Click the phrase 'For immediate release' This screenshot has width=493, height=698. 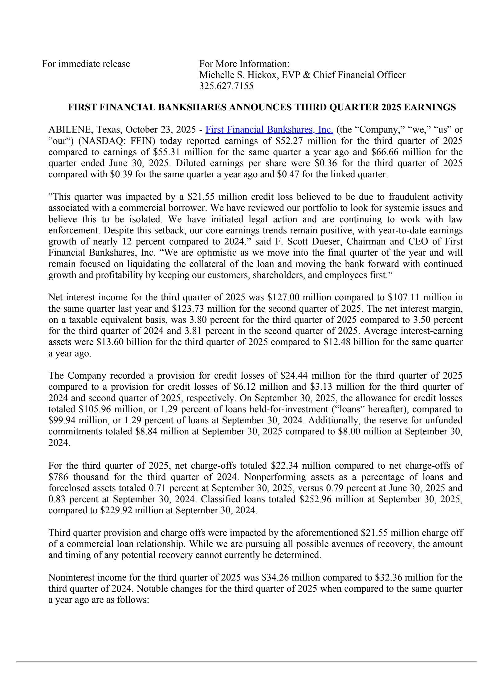[x=86, y=64]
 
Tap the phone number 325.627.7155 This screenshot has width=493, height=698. [x=226, y=86]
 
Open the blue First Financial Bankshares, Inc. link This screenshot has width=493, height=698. [x=269, y=129]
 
